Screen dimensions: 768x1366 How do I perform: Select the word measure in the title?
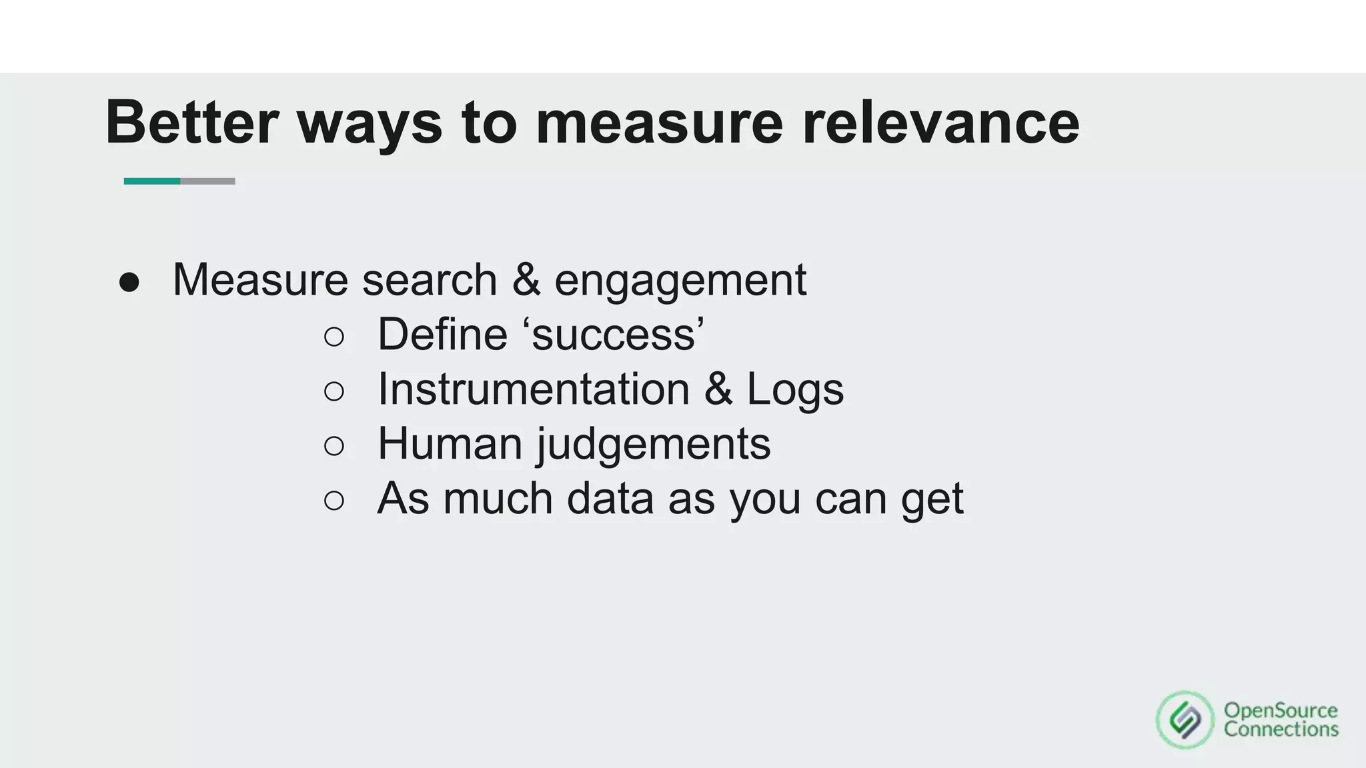(659, 122)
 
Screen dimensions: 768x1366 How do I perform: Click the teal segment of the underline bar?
(152, 181)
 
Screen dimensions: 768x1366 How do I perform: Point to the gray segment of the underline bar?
(207, 181)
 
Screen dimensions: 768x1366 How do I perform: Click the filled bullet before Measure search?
(129, 283)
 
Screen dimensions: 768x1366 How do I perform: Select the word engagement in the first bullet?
(680, 280)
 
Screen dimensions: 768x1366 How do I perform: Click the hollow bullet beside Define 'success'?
(334, 337)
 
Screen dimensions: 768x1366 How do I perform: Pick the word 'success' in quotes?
(618, 334)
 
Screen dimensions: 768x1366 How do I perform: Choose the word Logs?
(795, 389)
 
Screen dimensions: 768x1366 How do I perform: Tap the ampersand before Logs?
(718, 389)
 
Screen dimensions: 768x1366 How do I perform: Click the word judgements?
(654, 445)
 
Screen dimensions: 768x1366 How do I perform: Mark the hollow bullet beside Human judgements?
(334, 446)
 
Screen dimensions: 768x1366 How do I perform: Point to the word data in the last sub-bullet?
(610, 498)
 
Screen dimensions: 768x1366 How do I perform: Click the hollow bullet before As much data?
(334, 501)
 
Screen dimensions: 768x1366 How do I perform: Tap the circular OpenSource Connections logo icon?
(1185, 720)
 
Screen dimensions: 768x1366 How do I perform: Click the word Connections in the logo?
(1281, 729)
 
